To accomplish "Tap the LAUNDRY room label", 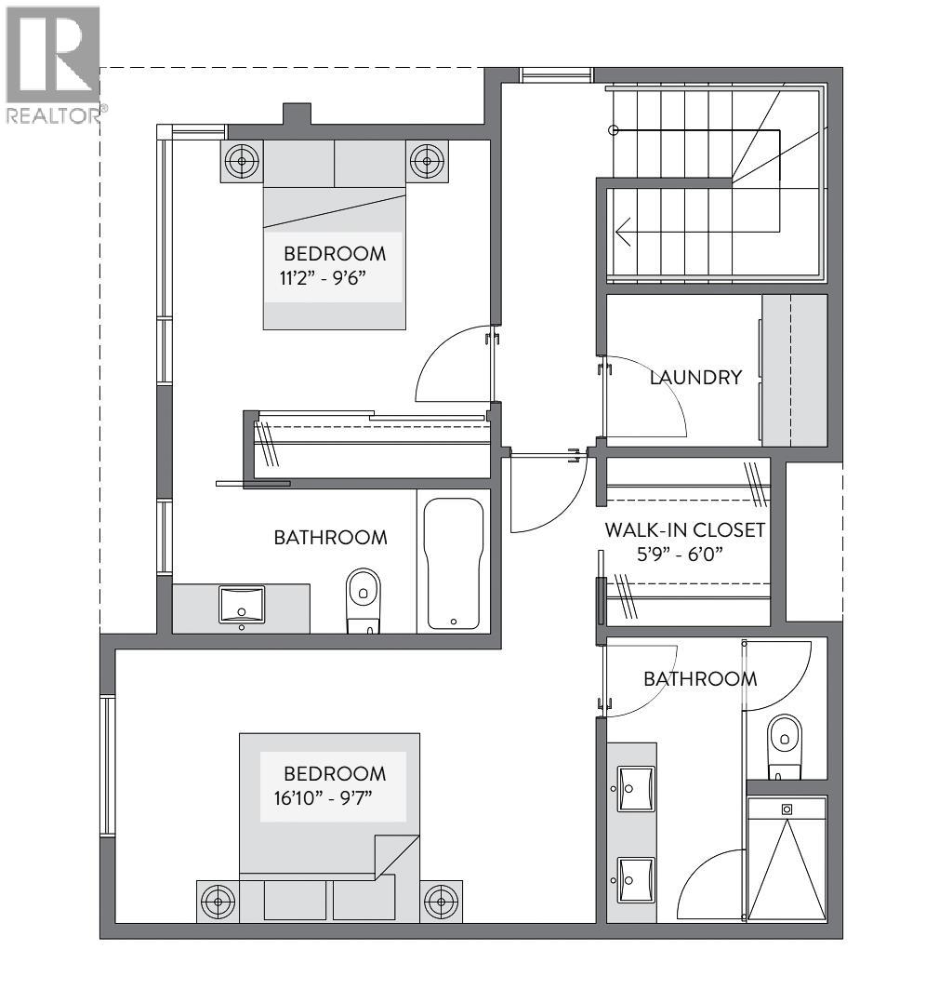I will pyautogui.click(x=695, y=377).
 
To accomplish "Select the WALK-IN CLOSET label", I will pyautogui.click(x=684, y=530).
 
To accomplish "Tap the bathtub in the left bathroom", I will pyautogui.click(x=454, y=562).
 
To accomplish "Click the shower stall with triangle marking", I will pyautogui.click(x=787, y=860).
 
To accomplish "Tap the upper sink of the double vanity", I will pyautogui.click(x=636, y=789).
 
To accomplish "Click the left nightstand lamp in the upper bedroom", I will pyautogui.click(x=243, y=162).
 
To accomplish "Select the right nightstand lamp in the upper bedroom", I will pyautogui.click(x=427, y=162).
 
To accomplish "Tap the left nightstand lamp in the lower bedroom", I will pyautogui.click(x=218, y=901).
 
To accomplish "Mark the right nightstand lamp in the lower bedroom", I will pyautogui.click(x=440, y=901).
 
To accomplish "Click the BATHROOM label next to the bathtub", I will pyautogui.click(x=330, y=537).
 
